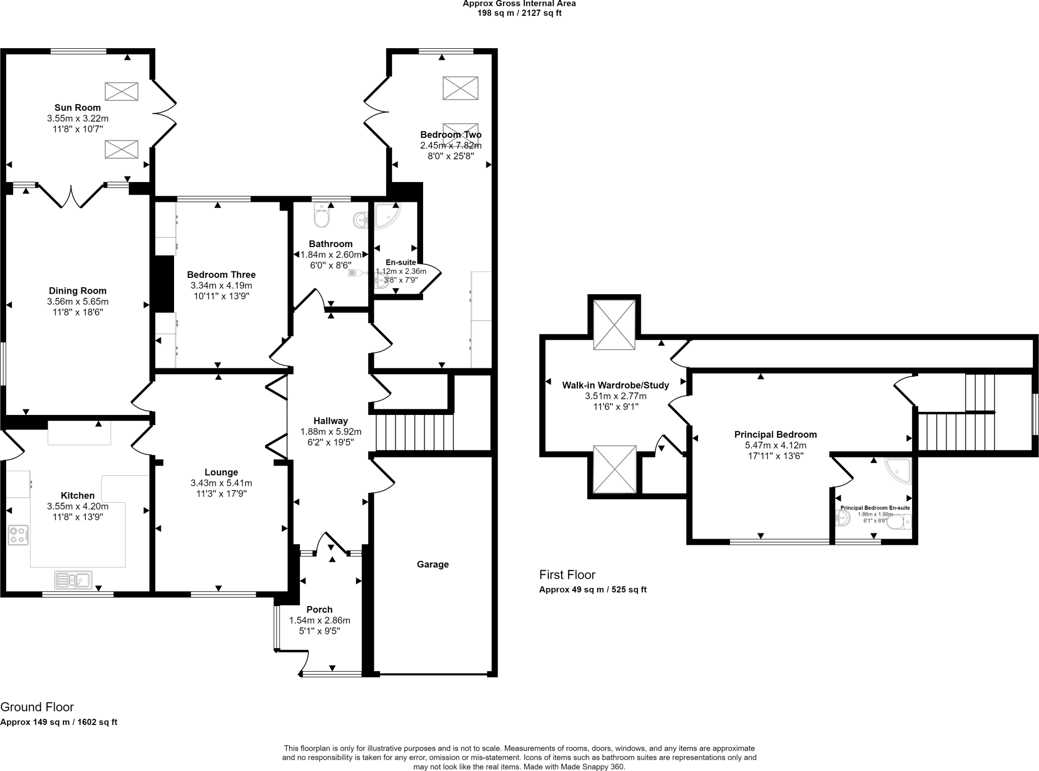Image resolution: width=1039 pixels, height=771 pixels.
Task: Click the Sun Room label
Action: [78, 108]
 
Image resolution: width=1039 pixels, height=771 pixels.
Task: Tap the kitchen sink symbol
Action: [73, 580]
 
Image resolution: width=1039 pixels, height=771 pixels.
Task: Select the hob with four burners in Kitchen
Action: [18, 535]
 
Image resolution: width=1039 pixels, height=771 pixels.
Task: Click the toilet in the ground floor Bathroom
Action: [322, 216]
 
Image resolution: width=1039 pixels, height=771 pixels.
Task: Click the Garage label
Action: [433, 564]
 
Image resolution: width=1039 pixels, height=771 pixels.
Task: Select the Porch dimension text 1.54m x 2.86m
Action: [320, 620]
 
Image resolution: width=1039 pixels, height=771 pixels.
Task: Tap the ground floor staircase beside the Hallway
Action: [414, 432]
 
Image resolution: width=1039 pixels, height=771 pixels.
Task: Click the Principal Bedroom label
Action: [775, 434]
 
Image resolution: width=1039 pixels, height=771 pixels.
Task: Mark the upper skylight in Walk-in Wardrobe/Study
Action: [614, 325]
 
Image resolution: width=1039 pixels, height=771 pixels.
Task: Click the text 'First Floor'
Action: [567, 575]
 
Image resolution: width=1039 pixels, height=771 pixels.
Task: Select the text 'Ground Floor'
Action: [37, 707]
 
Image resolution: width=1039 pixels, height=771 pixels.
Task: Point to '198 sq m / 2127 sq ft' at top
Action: [519, 13]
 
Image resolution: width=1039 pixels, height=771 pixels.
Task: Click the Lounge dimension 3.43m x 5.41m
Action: [221, 483]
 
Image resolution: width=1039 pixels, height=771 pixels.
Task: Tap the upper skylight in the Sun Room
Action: [121, 91]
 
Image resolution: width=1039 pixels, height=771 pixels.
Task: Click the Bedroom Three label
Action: [221, 274]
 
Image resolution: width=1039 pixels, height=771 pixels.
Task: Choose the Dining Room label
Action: [78, 291]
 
